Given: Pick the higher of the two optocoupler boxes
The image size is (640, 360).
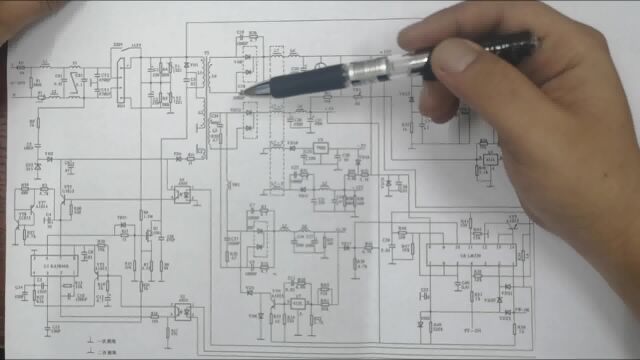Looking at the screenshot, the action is [183, 192].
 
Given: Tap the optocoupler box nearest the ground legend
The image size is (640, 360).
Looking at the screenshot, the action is [181, 310].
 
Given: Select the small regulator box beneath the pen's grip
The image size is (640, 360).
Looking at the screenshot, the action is [320, 147].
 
